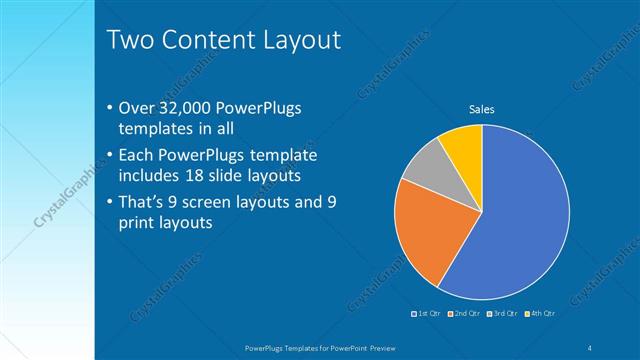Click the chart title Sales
coord(482,109)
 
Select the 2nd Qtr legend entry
coord(465,314)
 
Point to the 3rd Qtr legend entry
coord(502,314)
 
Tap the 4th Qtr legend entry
coord(540,314)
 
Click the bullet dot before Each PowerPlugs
coord(109,157)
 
